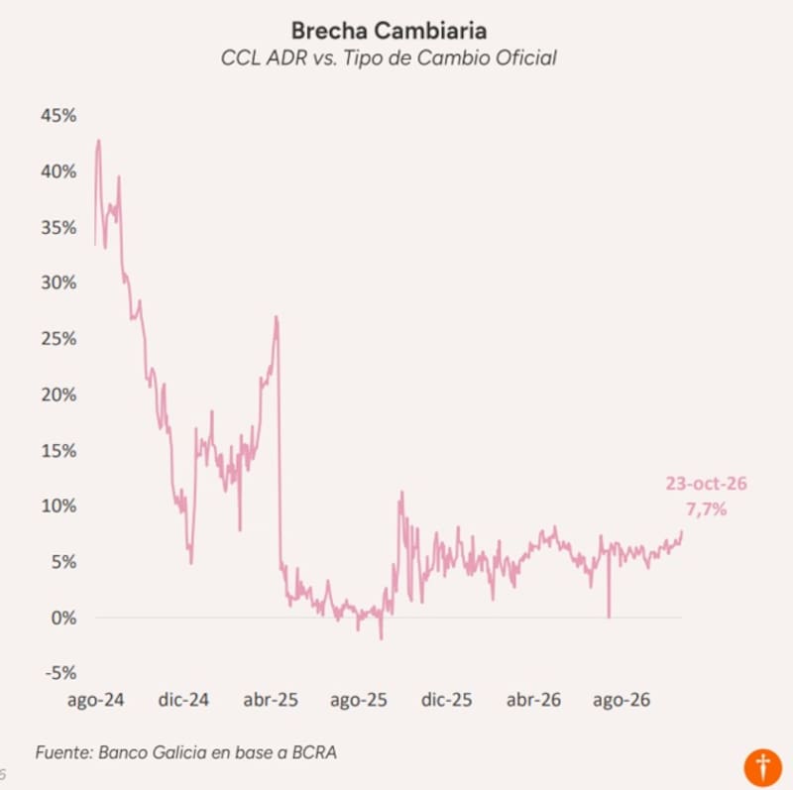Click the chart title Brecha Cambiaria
coord(389,31)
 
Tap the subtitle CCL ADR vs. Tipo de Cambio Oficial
coord(389,57)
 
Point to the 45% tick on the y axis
coord(58,115)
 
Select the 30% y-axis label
coord(58,282)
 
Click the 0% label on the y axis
coord(63,618)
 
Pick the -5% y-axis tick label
coord(60,673)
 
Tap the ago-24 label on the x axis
coord(95,700)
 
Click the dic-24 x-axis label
coord(183,700)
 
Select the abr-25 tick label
coord(271,700)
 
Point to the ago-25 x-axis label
coord(359,700)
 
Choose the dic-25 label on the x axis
coord(447,700)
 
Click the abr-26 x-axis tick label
coord(533,700)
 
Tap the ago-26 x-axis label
coord(622,700)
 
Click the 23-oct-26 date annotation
coord(706,484)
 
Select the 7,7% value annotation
coord(707,508)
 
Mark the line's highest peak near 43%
coord(98,141)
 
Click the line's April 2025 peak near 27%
coord(277,317)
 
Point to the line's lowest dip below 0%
coord(381,638)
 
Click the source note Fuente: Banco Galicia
coord(186,752)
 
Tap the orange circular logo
coord(762,768)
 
